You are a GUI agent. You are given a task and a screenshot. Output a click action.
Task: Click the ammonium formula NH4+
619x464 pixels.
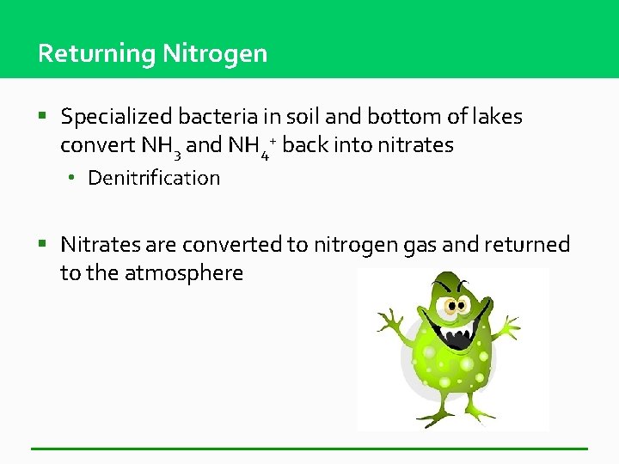click(250, 146)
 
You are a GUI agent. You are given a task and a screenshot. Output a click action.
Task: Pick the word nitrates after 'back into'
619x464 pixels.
click(412, 145)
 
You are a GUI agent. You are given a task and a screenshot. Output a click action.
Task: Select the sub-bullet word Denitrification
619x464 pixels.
click(154, 178)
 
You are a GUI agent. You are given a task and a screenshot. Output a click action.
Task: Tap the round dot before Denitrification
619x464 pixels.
click(75, 178)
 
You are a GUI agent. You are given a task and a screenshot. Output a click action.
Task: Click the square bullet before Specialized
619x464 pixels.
click(43, 115)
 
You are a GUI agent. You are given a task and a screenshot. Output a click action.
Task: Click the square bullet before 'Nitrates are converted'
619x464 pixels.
click(43, 244)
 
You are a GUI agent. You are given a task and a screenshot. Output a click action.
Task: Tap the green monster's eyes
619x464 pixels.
click(457, 299)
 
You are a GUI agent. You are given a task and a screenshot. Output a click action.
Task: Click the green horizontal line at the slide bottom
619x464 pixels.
click(309, 449)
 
